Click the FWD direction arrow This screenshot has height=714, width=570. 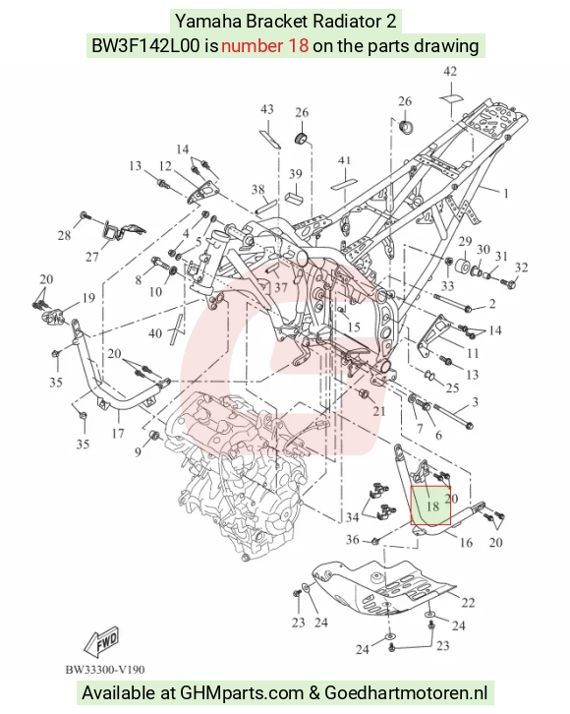pyautogui.click(x=101, y=642)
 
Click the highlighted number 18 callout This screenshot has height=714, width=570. pyautogui.click(x=432, y=506)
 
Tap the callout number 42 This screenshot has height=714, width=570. pyautogui.click(x=450, y=72)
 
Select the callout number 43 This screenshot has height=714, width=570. pyautogui.click(x=267, y=109)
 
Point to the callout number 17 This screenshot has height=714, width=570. pyautogui.click(x=118, y=433)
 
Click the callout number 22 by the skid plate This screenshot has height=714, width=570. pyautogui.click(x=468, y=603)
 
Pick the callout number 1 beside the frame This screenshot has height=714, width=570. pyautogui.click(x=505, y=193)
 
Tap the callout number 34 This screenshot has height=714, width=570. pyautogui.click(x=353, y=517)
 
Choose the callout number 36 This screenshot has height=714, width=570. pyautogui.click(x=353, y=540)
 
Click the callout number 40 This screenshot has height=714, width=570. pyautogui.click(x=155, y=333)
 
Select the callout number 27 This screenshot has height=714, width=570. pyautogui.click(x=92, y=258)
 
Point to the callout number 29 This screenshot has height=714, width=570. pyautogui.click(x=465, y=241)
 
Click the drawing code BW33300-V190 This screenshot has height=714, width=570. pyautogui.click(x=105, y=670)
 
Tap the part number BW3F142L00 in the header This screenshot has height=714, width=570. pyautogui.click(x=145, y=46)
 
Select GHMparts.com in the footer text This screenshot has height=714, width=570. pyautogui.click(x=242, y=693)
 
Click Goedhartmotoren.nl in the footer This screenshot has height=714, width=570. pyautogui.click(x=406, y=693)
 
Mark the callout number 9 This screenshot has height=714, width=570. pyautogui.click(x=138, y=452)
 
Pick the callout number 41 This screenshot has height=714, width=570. pyautogui.click(x=344, y=160)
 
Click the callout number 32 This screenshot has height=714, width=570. pyautogui.click(x=521, y=268)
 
